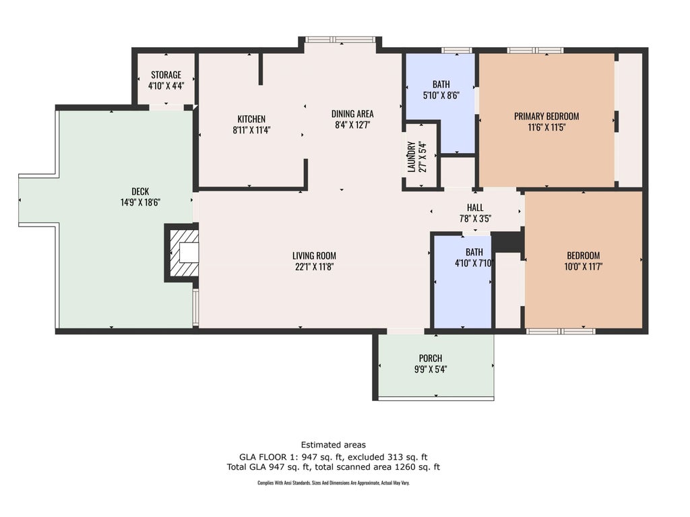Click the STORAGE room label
tap(166, 75)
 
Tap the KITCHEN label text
tap(251, 119)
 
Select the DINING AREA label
tap(352, 114)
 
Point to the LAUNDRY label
tap(412, 157)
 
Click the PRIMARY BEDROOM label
tap(546, 116)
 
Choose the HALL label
tap(475, 208)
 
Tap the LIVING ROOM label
tap(314, 255)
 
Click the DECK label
tap(140, 191)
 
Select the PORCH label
tap(431, 359)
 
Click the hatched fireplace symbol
tap(182, 253)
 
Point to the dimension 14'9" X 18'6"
tap(140, 203)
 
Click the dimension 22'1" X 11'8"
tap(314, 266)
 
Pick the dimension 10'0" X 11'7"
tap(583, 266)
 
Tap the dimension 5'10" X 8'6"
tap(441, 95)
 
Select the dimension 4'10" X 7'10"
tap(474, 264)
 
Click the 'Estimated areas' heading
tap(333, 445)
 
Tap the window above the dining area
tap(340, 40)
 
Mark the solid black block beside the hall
tap(506, 242)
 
